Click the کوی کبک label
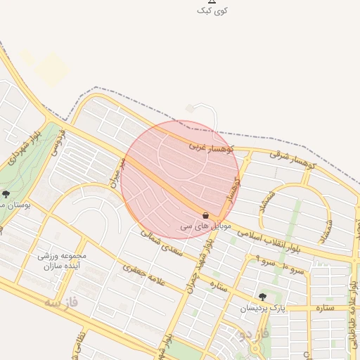pos(212,11)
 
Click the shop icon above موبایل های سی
pos(205,214)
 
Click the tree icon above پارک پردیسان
pos(263,297)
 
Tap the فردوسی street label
pos(57,141)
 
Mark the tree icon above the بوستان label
pos(6,194)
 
